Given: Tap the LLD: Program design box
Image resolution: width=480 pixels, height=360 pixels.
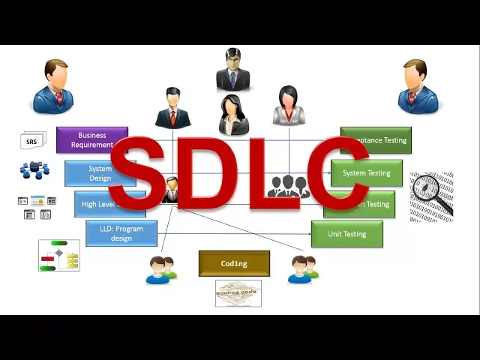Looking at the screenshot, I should [x=121, y=233].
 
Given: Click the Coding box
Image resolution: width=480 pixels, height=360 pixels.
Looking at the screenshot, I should [x=234, y=264].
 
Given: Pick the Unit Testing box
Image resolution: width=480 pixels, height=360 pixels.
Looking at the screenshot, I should [x=347, y=234].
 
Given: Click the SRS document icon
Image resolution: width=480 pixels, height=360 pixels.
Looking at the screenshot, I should [x=32, y=141].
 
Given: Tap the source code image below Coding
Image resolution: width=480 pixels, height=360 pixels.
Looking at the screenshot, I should [x=238, y=293].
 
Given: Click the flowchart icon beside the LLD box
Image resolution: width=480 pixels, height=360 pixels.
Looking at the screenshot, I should [x=59, y=256].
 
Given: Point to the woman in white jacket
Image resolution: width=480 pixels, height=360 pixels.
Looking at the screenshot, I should [x=288, y=106].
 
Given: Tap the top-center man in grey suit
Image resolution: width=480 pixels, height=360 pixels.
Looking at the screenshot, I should [x=232, y=69].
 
